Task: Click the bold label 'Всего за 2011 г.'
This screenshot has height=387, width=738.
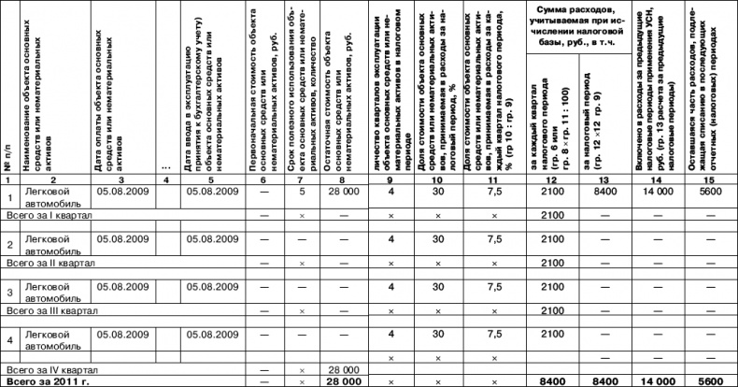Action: click(x=44, y=381)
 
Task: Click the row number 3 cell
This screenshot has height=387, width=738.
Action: click(x=8, y=293)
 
